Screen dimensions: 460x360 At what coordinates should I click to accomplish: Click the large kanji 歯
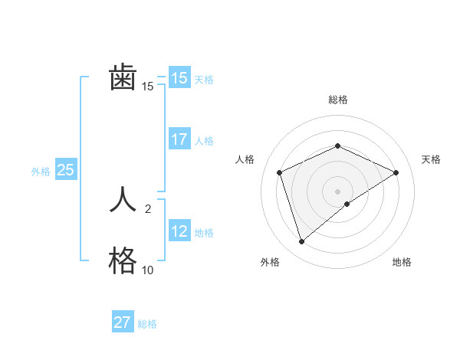click(x=123, y=78)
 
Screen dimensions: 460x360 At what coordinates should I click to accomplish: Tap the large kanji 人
click(x=123, y=201)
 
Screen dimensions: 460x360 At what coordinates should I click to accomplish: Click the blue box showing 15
click(x=179, y=78)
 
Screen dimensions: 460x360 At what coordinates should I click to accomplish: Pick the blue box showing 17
click(x=179, y=139)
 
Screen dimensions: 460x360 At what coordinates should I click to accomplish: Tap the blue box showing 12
click(x=179, y=231)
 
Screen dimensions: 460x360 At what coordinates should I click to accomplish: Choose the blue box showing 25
click(x=66, y=170)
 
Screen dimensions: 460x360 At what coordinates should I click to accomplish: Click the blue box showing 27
click(x=123, y=322)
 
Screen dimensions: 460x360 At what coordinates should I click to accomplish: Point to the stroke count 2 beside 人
click(x=148, y=208)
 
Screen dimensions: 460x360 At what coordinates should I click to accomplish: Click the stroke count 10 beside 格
click(x=147, y=270)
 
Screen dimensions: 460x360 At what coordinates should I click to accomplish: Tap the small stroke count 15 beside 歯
click(x=147, y=87)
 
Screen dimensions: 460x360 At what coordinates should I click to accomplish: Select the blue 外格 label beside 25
click(x=41, y=172)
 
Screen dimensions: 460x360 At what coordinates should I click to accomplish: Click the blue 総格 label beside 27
click(x=147, y=324)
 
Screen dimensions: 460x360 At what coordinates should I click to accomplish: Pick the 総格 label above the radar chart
click(x=337, y=100)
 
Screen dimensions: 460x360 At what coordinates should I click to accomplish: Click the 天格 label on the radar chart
click(x=432, y=159)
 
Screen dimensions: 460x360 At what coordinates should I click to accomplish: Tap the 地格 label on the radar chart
click(x=402, y=262)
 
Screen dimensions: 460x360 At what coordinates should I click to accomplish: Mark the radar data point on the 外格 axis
click(x=302, y=242)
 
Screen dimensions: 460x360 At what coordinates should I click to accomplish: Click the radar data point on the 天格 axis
click(x=396, y=172)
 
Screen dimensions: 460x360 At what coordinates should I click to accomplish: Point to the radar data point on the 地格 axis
click(x=347, y=204)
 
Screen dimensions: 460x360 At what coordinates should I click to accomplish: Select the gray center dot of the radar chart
click(x=337, y=191)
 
